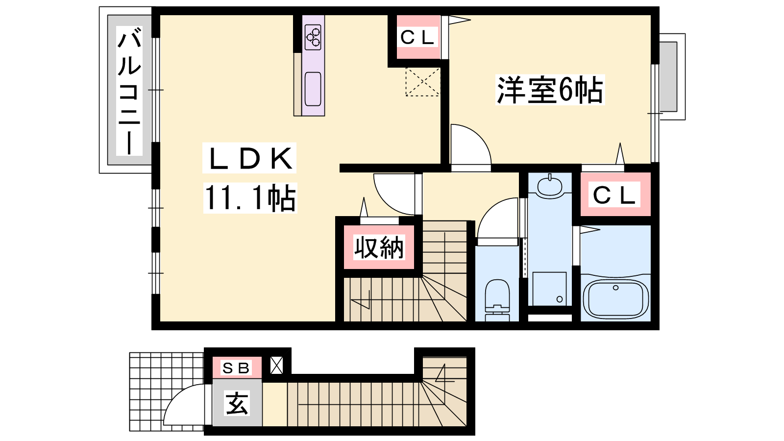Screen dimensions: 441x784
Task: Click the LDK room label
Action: tap(249, 159)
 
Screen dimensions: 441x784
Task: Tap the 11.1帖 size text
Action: tap(250, 198)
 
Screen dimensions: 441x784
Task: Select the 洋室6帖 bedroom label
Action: tap(550, 90)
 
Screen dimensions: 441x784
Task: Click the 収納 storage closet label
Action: tap(379, 247)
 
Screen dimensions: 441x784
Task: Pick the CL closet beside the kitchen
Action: tap(417, 37)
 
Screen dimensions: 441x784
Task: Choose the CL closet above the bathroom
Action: tap(614, 195)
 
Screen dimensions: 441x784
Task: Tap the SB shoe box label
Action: tap(236, 367)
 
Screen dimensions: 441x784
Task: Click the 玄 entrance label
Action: tap(237, 404)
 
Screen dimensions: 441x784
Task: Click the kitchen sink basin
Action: tap(313, 89)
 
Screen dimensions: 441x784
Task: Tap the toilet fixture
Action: tap(497, 296)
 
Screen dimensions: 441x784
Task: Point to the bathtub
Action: tap(615, 297)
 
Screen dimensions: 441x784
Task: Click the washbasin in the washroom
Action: tap(550, 186)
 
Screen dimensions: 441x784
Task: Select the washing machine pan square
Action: tap(549, 289)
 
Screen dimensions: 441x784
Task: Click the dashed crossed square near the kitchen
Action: tap(422, 82)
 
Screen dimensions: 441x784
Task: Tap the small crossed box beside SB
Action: tap(277, 366)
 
